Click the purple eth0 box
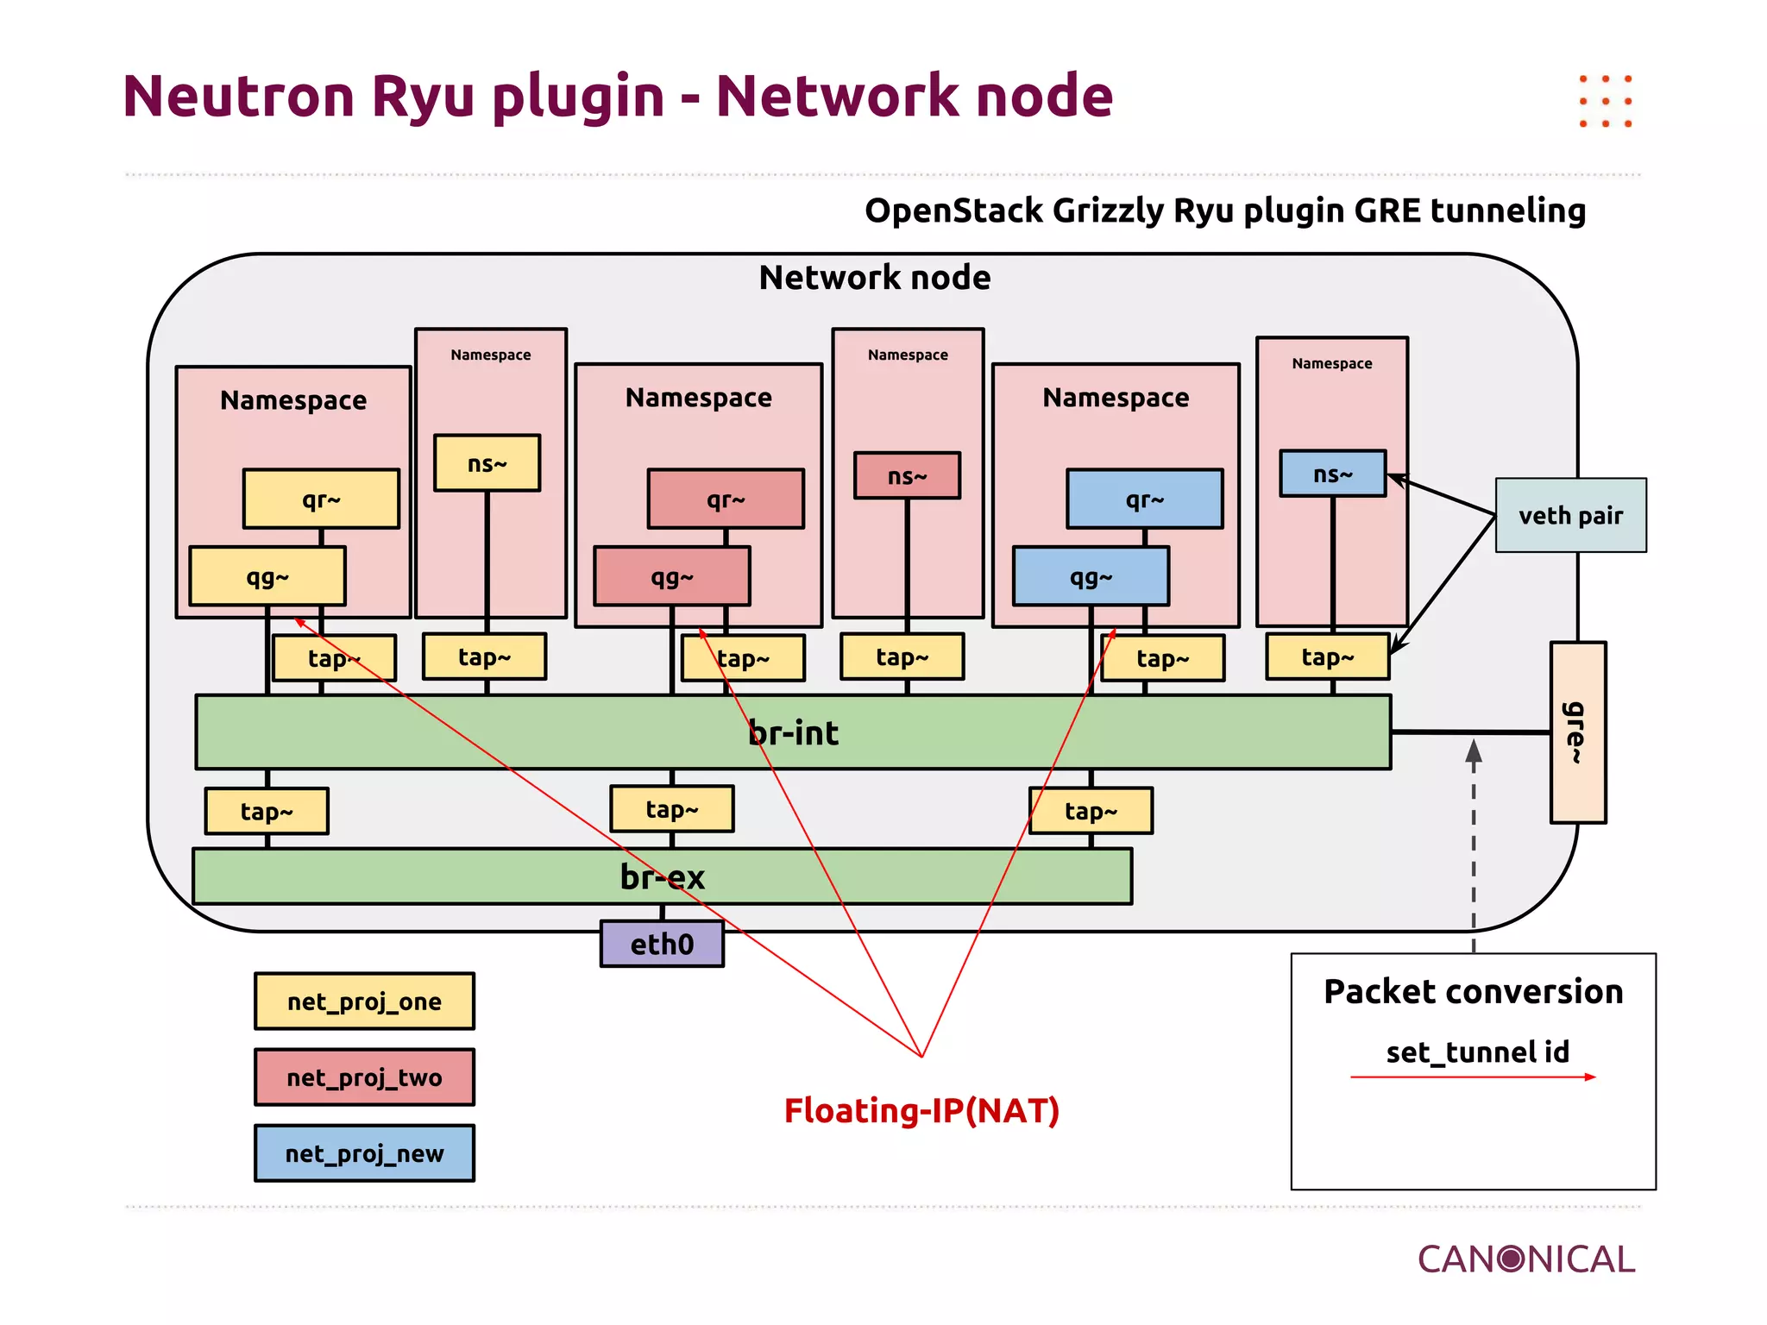click(x=662, y=944)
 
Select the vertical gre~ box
click(x=1577, y=732)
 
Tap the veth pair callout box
click(x=1570, y=515)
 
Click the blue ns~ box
click(x=1332, y=474)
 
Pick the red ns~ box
click(x=907, y=475)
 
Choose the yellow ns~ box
click(x=487, y=463)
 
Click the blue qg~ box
click(x=1091, y=576)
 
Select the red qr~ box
click(x=726, y=499)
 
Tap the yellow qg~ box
click(x=267, y=576)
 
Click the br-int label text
click(x=793, y=732)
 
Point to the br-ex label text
click(x=662, y=876)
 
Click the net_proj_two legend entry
click(x=364, y=1077)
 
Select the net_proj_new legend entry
click(x=364, y=1153)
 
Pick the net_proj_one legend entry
click(x=364, y=1002)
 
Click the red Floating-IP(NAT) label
click(x=921, y=1110)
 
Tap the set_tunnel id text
click(x=1477, y=1052)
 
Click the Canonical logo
click(x=1525, y=1259)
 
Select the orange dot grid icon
click(x=1606, y=101)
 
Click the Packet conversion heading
click(x=1474, y=992)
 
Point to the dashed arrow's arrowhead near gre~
click(x=1474, y=751)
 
